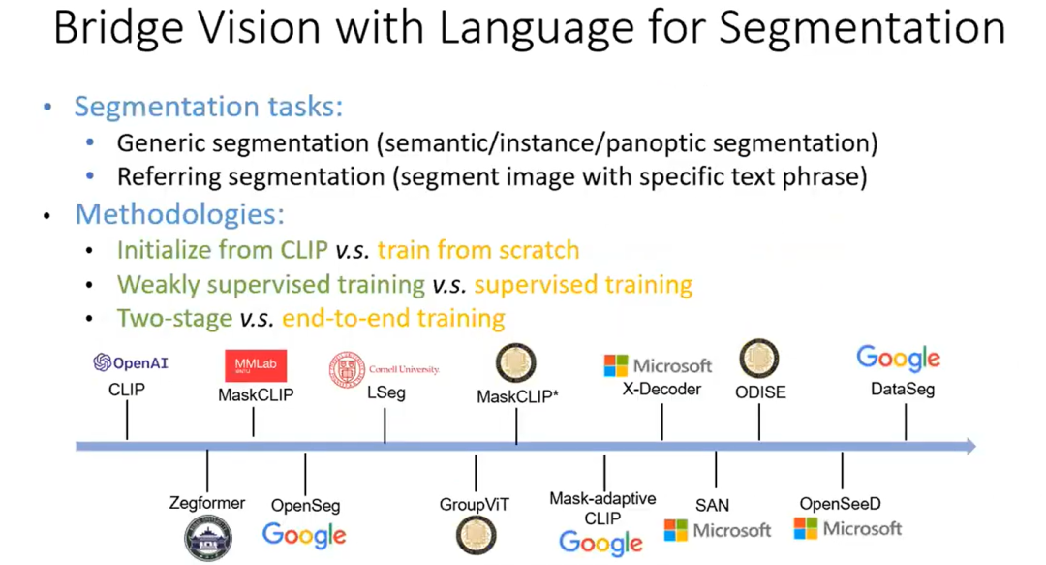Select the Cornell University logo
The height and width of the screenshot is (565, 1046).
(x=385, y=369)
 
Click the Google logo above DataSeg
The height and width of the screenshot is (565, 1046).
(x=898, y=359)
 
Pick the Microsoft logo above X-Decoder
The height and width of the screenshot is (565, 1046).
(x=658, y=365)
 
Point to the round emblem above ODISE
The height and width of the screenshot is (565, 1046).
(x=759, y=360)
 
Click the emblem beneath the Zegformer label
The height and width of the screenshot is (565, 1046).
(x=208, y=537)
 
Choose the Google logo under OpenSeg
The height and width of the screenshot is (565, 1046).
(x=304, y=534)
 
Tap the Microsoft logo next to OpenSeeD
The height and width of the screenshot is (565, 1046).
(x=847, y=528)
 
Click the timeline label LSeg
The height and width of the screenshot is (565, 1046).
(x=385, y=393)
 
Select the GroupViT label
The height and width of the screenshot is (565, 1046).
(x=474, y=504)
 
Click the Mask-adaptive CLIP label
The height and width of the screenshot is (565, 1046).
(x=602, y=508)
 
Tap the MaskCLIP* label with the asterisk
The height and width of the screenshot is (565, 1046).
(x=516, y=397)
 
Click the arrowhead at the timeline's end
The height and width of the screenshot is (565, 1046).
(x=968, y=445)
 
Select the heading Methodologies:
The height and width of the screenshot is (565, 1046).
(x=179, y=213)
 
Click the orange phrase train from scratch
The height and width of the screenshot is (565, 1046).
(x=478, y=250)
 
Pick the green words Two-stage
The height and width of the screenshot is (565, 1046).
(x=174, y=318)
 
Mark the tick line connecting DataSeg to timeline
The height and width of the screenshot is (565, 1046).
(x=906, y=423)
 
